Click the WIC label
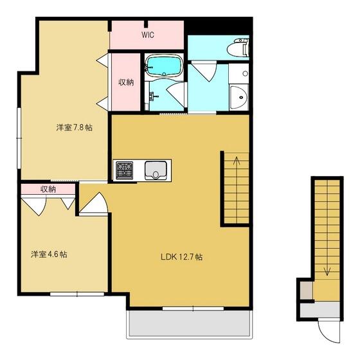tap(148, 35)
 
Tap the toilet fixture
tap(238, 48)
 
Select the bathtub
tap(164, 66)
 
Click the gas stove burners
tap(125, 170)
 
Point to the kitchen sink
tap(156, 170)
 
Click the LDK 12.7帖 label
tap(181, 257)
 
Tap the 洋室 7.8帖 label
tap(75, 127)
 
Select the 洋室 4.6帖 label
tap(49, 255)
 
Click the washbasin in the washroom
tap(239, 97)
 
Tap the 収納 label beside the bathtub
tap(126, 82)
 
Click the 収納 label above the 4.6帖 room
tap(48, 189)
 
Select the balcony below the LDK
tap(190, 323)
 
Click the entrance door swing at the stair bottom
tap(328, 331)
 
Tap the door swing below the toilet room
tap(204, 71)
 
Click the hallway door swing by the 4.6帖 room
tap(94, 203)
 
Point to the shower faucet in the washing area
tap(152, 96)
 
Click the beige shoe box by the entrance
tap(306, 290)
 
